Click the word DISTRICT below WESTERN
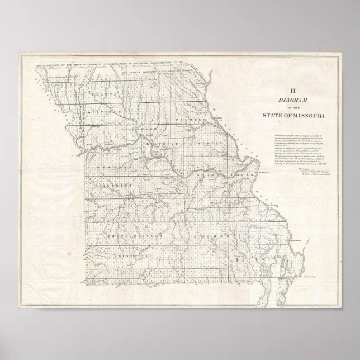pyautogui.click(x=109, y=184)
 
